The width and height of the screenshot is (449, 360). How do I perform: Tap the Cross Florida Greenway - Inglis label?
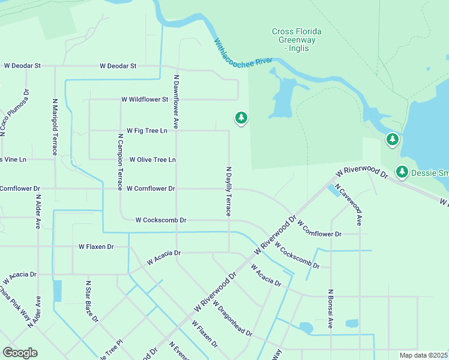click(296, 40)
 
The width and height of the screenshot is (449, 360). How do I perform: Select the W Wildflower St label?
click(145, 99)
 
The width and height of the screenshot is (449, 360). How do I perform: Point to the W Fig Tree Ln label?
click(146, 130)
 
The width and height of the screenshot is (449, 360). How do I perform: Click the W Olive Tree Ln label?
click(152, 160)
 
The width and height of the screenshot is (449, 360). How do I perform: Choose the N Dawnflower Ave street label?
click(176, 101)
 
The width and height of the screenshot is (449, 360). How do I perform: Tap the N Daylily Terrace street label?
click(228, 191)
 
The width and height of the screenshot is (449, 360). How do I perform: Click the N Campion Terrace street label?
click(120, 161)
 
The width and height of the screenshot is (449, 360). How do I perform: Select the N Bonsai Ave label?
click(330, 309)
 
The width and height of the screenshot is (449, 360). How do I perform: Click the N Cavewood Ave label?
click(350, 205)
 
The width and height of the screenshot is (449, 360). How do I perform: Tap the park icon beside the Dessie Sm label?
click(402, 173)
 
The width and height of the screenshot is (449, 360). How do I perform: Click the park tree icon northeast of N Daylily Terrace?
click(241, 118)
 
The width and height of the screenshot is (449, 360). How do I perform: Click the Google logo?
click(20, 353)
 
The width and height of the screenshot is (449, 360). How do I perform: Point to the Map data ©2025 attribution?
click(423, 355)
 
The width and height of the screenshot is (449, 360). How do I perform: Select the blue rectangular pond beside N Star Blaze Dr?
click(58, 291)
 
